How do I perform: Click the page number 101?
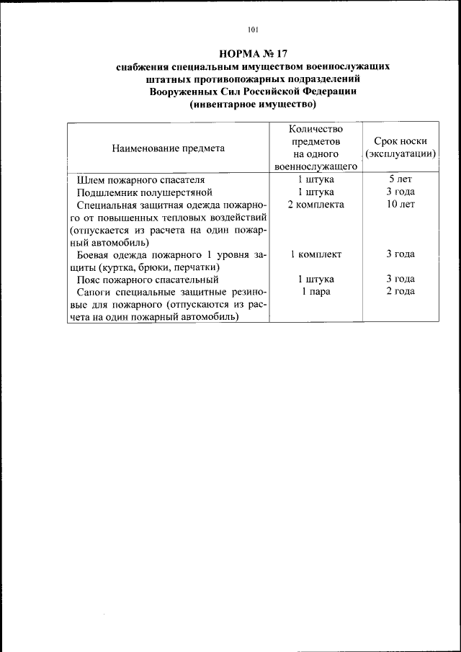pyautogui.click(x=251, y=30)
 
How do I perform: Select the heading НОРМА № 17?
pyautogui.click(x=253, y=53)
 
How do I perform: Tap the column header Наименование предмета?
pyautogui.click(x=168, y=148)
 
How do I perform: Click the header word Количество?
pyautogui.click(x=316, y=129)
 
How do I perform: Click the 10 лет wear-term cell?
pyautogui.click(x=401, y=204)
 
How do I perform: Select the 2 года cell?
pyautogui.click(x=401, y=290)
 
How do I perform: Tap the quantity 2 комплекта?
pyautogui.click(x=316, y=204)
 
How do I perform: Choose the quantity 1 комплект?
pyautogui.click(x=316, y=254)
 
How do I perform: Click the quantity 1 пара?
pyautogui.click(x=316, y=290)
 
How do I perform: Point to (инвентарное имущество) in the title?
pyautogui.click(x=253, y=104)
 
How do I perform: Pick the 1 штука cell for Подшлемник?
pyautogui.click(x=316, y=192)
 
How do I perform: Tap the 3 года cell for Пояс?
pyautogui.click(x=401, y=279)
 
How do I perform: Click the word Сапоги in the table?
pyautogui.click(x=95, y=291)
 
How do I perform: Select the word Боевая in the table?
pyautogui.click(x=94, y=254)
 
